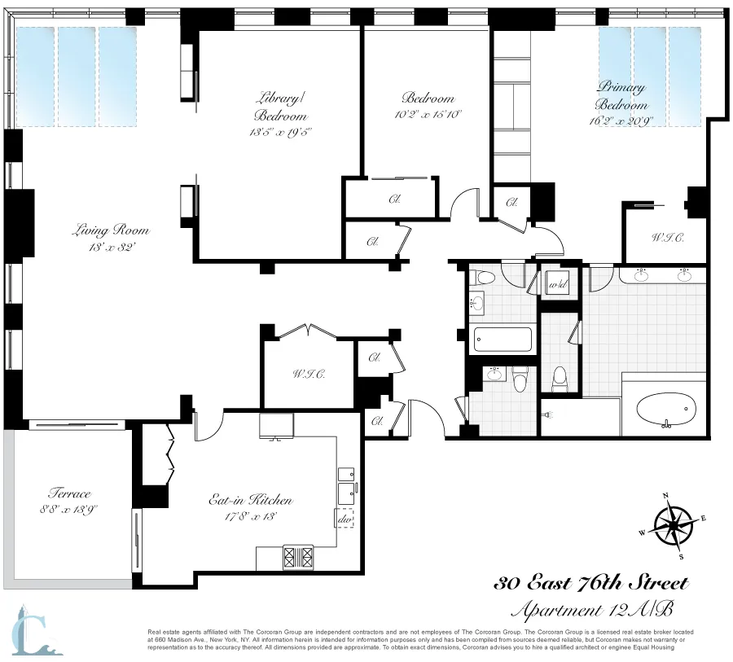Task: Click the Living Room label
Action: click(112, 230)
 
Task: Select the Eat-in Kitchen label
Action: click(250, 501)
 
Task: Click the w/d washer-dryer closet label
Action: click(558, 286)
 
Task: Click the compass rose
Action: click(674, 525)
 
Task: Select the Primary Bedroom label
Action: click(621, 95)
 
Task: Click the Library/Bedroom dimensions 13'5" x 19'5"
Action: click(278, 131)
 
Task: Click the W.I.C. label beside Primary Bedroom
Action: click(667, 238)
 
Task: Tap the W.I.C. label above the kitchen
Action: click(309, 375)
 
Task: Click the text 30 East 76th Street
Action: click(592, 583)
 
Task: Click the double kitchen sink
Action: click(346, 482)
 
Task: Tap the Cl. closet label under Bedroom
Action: click(394, 199)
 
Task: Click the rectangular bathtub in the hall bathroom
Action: click(503, 338)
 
